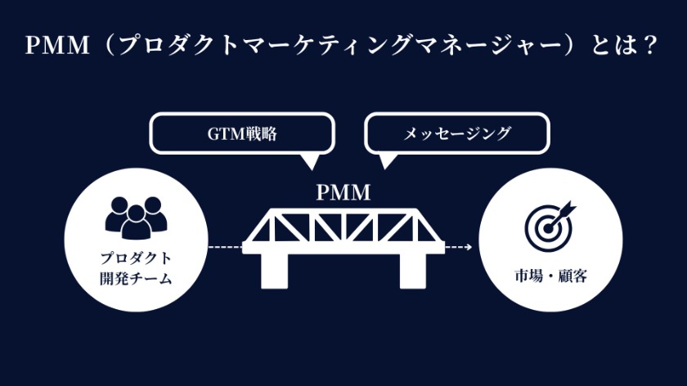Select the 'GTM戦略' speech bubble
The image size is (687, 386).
pyautogui.click(x=242, y=134)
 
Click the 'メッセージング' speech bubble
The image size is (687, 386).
pyautogui.click(x=457, y=134)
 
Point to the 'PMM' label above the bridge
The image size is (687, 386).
pyautogui.click(x=343, y=193)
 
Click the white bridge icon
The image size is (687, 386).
pyautogui.click(x=343, y=237)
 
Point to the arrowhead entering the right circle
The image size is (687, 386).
pyautogui.click(x=469, y=246)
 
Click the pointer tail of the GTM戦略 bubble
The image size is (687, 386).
pyautogui.click(x=309, y=161)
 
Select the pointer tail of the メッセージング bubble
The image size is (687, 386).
pyautogui.click(x=384, y=161)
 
